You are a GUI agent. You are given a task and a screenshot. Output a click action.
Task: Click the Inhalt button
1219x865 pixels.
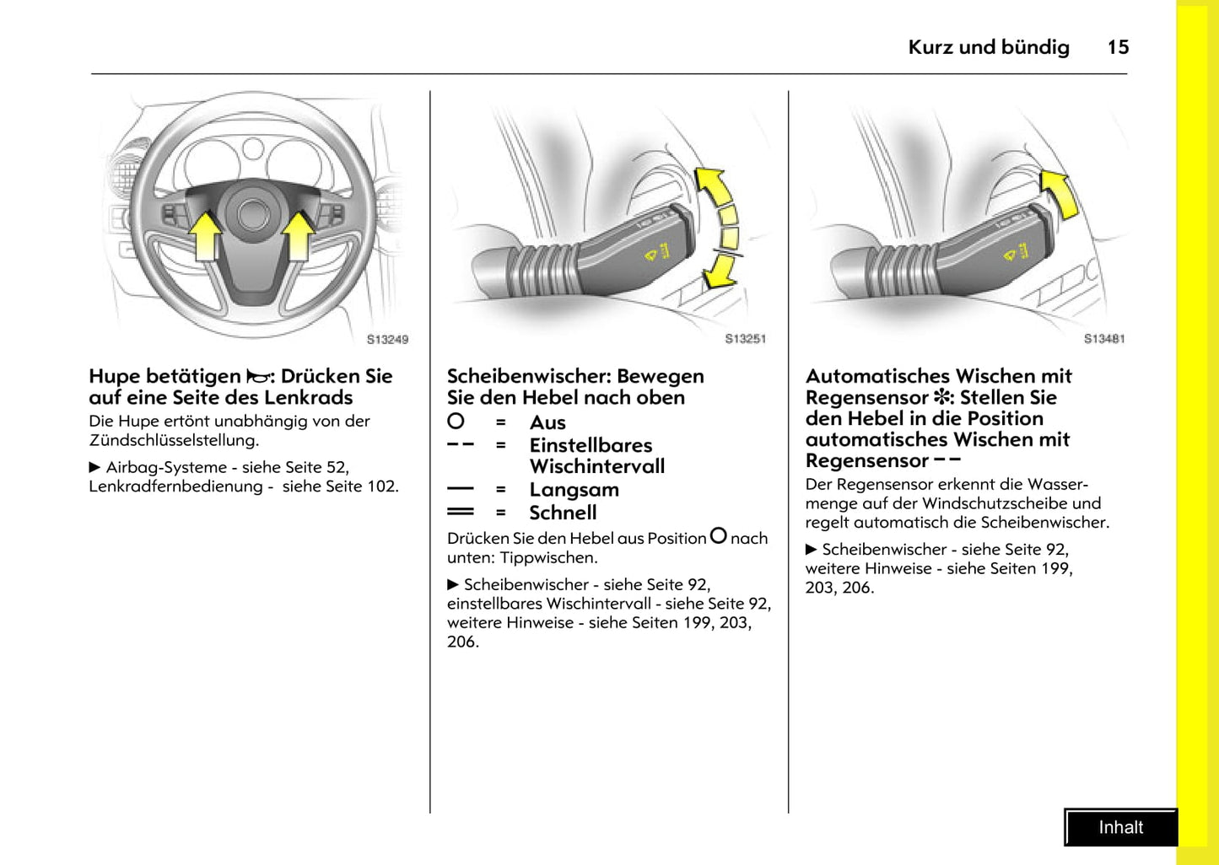click(x=1120, y=828)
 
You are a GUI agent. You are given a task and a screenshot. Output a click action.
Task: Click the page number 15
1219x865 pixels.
click(x=1118, y=47)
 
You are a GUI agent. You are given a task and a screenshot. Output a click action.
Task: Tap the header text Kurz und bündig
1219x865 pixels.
click(x=988, y=47)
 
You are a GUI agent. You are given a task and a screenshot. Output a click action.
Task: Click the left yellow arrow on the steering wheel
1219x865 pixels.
click(x=205, y=235)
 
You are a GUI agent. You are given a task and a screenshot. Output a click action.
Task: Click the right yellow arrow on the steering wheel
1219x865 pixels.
click(x=298, y=235)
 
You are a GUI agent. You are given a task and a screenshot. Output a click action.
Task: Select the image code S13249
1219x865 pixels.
click(x=387, y=340)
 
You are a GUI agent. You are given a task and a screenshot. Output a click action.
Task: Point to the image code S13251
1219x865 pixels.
click(x=746, y=339)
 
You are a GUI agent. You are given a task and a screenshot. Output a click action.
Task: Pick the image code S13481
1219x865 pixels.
click(x=1104, y=339)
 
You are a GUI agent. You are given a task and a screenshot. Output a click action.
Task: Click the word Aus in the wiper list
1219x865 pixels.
click(x=547, y=422)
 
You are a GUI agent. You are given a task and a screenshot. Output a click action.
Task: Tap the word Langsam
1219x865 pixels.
click(x=574, y=490)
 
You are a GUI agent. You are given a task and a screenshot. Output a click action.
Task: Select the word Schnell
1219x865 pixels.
click(x=563, y=513)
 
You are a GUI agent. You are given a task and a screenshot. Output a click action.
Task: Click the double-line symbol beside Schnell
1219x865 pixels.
click(x=460, y=512)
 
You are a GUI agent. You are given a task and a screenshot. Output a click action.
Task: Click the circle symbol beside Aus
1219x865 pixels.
click(x=456, y=421)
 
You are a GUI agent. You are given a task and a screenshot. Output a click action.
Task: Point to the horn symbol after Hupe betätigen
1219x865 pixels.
click(x=256, y=377)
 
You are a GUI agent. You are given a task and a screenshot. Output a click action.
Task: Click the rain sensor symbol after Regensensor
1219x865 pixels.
click(x=941, y=397)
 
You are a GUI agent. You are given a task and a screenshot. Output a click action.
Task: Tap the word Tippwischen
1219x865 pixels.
click(x=548, y=558)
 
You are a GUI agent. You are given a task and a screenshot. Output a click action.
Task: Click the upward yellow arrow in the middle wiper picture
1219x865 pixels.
click(x=712, y=186)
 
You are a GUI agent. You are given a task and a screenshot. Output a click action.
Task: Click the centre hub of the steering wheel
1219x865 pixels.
click(x=252, y=214)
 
